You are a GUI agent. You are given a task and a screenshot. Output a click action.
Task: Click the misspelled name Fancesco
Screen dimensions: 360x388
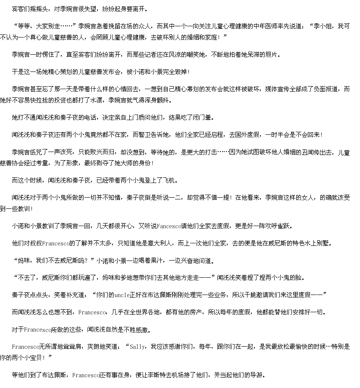click(x=169, y=227)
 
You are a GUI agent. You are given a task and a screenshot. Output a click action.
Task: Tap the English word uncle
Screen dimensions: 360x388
click(x=122, y=295)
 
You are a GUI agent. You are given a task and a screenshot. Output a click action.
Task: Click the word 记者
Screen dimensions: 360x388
click(x=145, y=55)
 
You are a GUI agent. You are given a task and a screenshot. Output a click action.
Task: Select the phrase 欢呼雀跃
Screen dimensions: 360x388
click(x=278, y=227)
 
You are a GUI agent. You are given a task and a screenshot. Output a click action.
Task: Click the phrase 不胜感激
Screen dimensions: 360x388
click(x=135, y=330)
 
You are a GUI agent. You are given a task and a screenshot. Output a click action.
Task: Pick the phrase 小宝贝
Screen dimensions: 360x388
click(x=33, y=358)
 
